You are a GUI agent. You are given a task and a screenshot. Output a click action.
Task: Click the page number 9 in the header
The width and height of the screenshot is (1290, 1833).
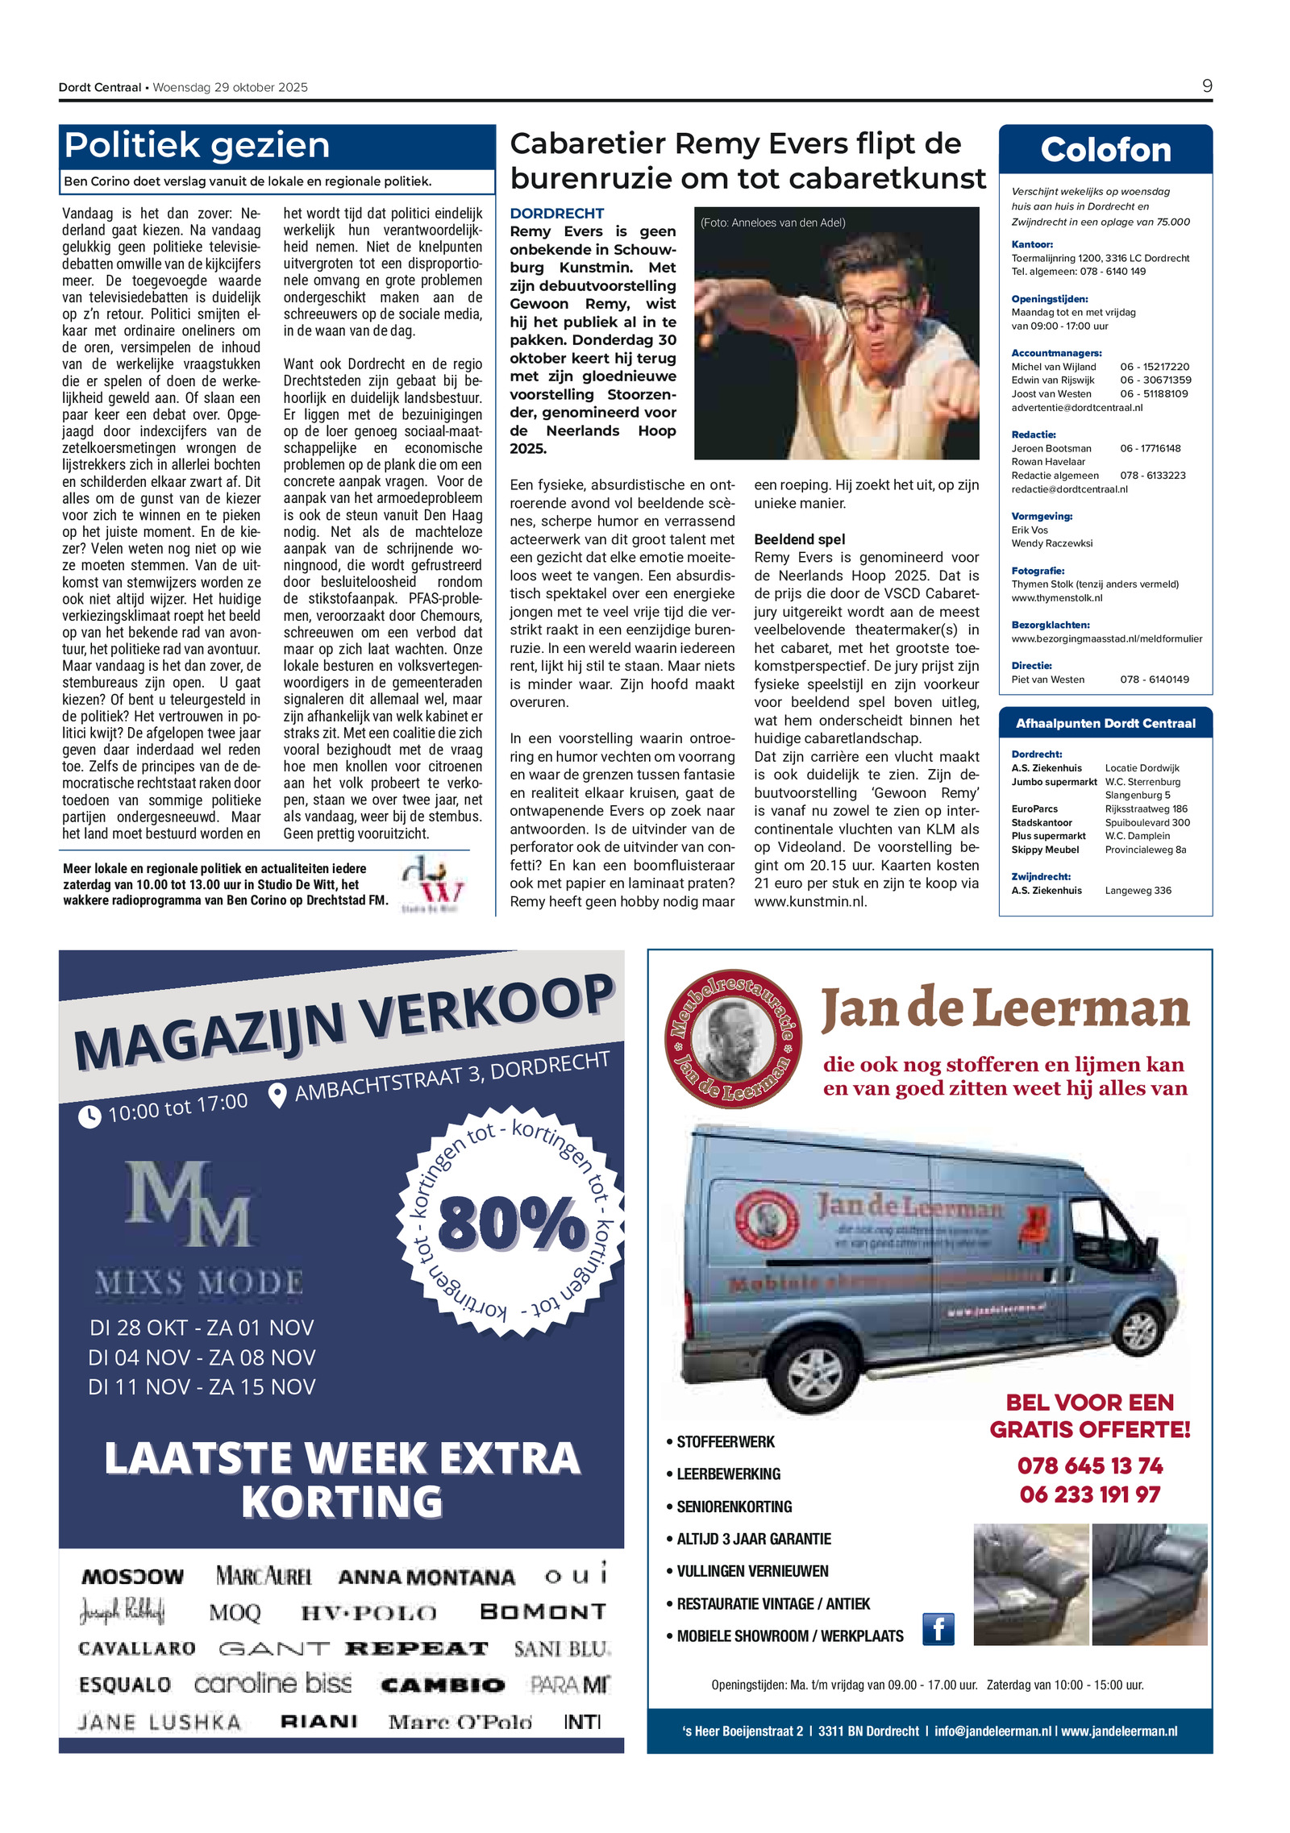(x=1206, y=86)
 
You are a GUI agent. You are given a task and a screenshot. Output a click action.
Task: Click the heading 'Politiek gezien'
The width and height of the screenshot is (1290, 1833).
(x=197, y=146)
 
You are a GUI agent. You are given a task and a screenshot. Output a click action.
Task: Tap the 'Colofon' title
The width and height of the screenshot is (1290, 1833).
(x=1105, y=150)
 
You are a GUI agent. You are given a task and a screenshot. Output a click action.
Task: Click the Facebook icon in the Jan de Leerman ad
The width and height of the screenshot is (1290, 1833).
(x=938, y=1629)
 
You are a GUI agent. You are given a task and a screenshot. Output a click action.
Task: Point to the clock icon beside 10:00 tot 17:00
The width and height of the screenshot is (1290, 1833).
(x=89, y=1116)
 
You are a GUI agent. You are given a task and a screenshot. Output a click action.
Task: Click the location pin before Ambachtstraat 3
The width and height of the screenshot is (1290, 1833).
(x=277, y=1095)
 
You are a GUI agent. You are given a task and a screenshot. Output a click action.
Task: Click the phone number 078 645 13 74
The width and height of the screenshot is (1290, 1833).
(x=1090, y=1465)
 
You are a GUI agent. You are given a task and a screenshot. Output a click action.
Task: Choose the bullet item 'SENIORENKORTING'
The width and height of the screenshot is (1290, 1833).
(x=734, y=1507)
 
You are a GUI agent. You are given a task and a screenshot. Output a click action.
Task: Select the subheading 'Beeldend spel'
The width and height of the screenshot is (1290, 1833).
(x=799, y=539)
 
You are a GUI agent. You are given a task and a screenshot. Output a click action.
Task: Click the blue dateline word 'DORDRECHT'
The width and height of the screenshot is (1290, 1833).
(x=556, y=214)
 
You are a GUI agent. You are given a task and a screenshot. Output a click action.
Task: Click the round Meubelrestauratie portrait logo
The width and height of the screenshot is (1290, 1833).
(x=733, y=1039)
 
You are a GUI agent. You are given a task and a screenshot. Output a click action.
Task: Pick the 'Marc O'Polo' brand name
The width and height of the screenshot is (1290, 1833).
(x=460, y=1722)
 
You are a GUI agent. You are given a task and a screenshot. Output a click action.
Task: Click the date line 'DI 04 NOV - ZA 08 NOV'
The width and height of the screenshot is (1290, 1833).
(x=202, y=1357)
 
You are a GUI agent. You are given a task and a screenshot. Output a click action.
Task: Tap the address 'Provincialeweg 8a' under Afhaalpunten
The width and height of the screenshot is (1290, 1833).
(x=1145, y=850)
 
